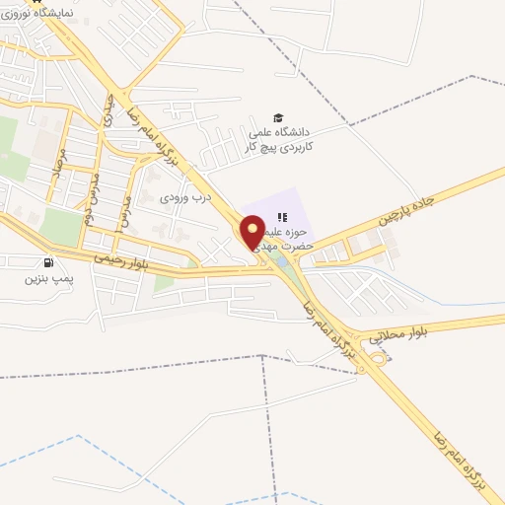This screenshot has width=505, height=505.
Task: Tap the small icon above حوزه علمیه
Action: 282,217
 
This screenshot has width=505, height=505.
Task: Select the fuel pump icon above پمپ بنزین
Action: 48,262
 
